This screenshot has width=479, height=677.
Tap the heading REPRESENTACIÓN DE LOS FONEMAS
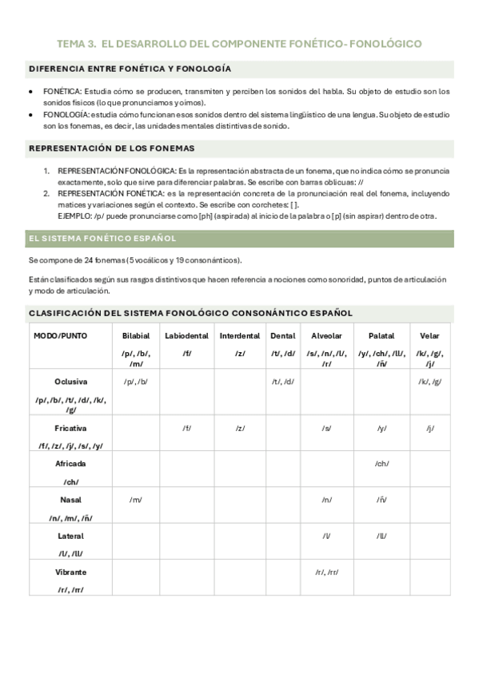tap(112, 148)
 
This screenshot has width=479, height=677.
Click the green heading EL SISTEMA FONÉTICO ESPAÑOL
tap(102, 239)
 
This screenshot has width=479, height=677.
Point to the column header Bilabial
tap(136, 336)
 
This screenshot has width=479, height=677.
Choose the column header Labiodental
tap(186, 336)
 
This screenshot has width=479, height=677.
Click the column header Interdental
tap(240, 336)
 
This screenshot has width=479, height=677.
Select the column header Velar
tap(429, 336)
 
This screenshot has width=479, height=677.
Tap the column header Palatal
tap(381, 336)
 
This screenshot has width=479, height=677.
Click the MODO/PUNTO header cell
tap(61, 336)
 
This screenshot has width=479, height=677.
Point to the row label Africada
tap(70, 464)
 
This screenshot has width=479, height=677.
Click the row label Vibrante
tap(70, 572)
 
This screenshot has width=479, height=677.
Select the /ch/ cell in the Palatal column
tap(381, 464)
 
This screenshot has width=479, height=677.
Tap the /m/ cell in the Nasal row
tap(136, 500)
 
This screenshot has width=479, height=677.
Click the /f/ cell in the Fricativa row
tap(186, 428)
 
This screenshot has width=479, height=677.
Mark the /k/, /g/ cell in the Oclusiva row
tap(429, 382)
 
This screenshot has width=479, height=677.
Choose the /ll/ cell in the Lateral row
tap(381, 536)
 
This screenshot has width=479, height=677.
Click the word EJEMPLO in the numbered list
tap(76, 216)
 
